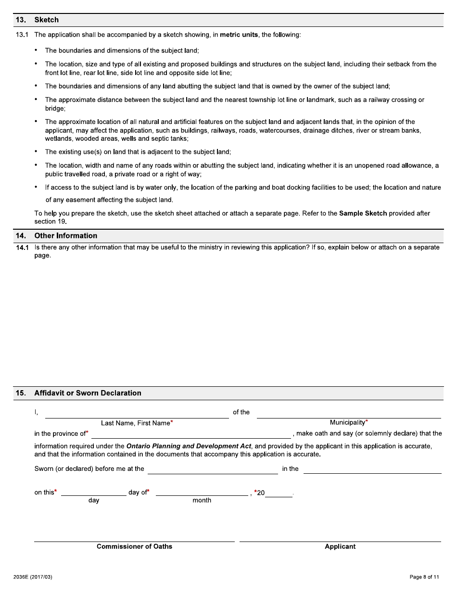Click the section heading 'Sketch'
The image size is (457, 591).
[46, 20]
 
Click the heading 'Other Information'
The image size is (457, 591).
[65, 235]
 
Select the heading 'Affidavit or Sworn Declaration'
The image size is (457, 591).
[88, 393]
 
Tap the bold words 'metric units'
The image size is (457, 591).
[239, 35]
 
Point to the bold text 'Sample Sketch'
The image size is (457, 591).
[363, 213]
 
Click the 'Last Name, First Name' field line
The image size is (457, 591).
[137, 413]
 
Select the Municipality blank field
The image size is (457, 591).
[349, 413]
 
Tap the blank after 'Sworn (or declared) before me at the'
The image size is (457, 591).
[213, 469]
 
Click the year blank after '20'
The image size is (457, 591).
[279, 492]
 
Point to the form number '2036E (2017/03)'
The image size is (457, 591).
[33, 577]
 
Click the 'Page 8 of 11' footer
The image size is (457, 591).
[424, 577]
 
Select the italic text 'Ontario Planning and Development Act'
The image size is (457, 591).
[189, 446]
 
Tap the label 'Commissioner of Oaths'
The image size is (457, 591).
[134, 546]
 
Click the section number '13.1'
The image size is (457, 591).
[23, 35]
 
